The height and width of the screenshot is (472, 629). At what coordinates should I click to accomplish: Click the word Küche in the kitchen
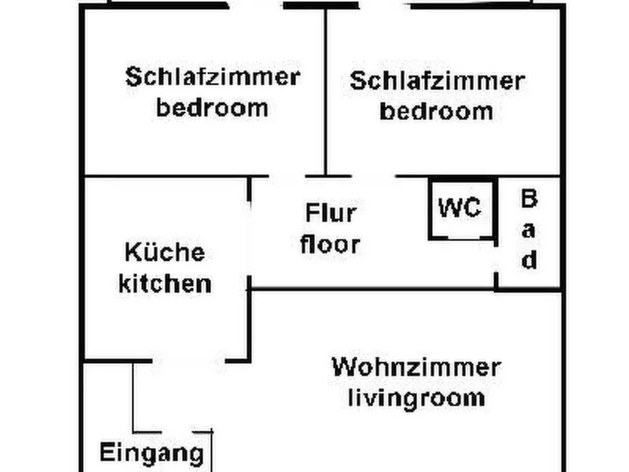165,253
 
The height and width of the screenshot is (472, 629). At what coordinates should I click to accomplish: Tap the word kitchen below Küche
165,284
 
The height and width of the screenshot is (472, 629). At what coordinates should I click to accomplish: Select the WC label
460,208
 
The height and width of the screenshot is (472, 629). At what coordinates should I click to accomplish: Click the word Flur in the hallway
330,213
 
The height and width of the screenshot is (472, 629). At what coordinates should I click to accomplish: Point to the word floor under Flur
330,244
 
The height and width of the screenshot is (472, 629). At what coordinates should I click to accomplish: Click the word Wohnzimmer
416,367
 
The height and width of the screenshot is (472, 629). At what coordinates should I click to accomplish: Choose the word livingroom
416,398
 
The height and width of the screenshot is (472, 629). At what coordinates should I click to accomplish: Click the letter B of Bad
529,199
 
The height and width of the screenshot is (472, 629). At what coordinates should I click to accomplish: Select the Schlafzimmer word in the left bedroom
212,77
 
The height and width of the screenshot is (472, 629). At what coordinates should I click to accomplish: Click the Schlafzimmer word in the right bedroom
437,81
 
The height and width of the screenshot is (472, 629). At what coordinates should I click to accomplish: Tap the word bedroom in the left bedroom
212,108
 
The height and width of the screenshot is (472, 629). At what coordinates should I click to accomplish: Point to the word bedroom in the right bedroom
437,111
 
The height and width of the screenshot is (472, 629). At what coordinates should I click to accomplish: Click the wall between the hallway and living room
372,288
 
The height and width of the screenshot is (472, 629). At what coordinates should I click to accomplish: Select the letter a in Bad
529,230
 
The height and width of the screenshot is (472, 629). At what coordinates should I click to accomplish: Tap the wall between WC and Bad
495,210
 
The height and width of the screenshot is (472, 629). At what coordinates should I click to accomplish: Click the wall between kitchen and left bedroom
165,176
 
